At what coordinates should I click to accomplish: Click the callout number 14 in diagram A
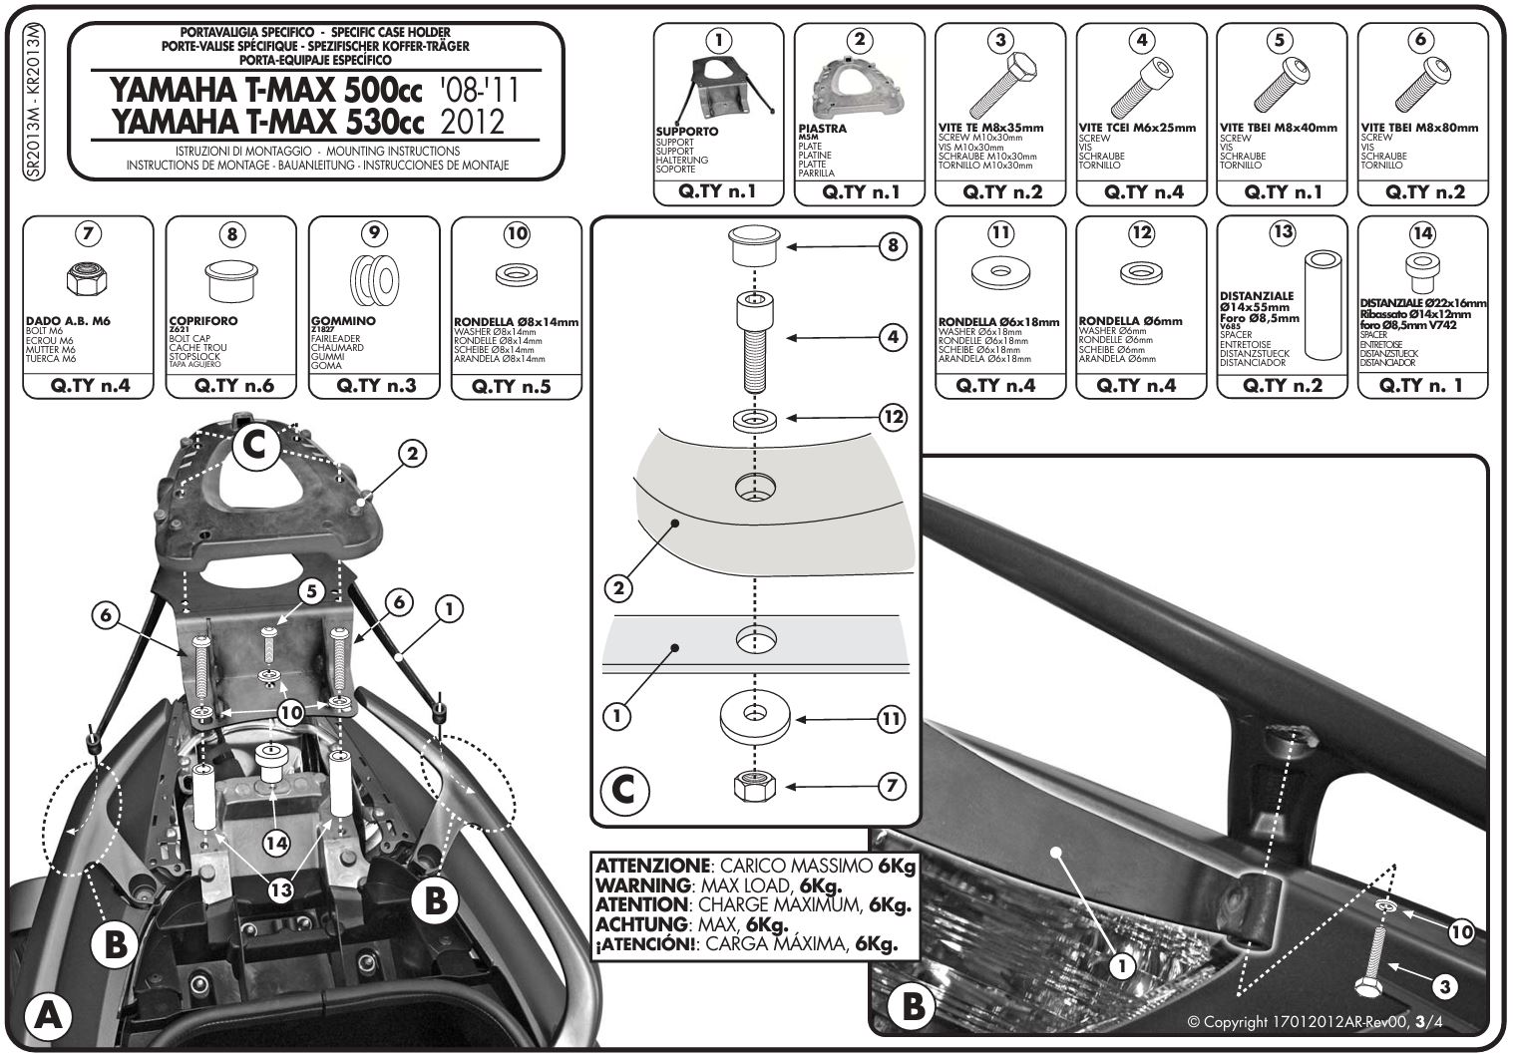[x=276, y=843]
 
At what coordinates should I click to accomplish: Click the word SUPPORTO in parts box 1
[x=686, y=132]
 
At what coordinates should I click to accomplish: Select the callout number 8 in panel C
[x=891, y=244]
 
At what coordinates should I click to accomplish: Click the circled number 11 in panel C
[x=891, y=718]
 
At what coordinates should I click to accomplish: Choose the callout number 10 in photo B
[x=1460, y=932]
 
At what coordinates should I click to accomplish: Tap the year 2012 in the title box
[x=472, y=122]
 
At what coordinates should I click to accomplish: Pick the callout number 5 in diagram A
[x=311, y=592]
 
